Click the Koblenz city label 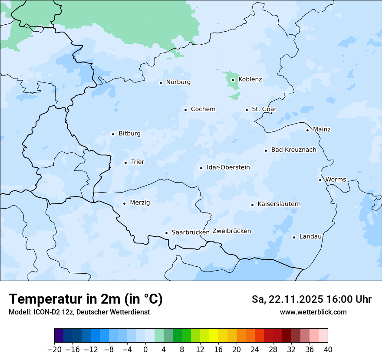(x=250, y=79)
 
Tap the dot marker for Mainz (x=307, y=130)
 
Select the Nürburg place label (x=178, y=82)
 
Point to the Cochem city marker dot (x=185, y=110)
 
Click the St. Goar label (x=264, y=109)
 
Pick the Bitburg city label (x=129, y=134)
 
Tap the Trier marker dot (x=125, y=163)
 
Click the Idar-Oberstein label (x=228, y=167)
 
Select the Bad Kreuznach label (x=293, y=150)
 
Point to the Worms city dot (x=320, y=180)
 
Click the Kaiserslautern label (x=279, y=204)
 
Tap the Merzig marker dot (x=124, y=203)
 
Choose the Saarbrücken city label (x=191, y=232)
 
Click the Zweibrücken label (x=231, y=231)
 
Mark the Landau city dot (x=294, y=237)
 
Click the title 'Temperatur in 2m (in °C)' (x=86, y=299)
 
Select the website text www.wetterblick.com (x=313, y=312)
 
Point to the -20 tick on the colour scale (x=54, y=350)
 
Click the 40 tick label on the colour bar (x=327, y=350)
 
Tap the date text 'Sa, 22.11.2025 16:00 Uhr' (x=311, y=299)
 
